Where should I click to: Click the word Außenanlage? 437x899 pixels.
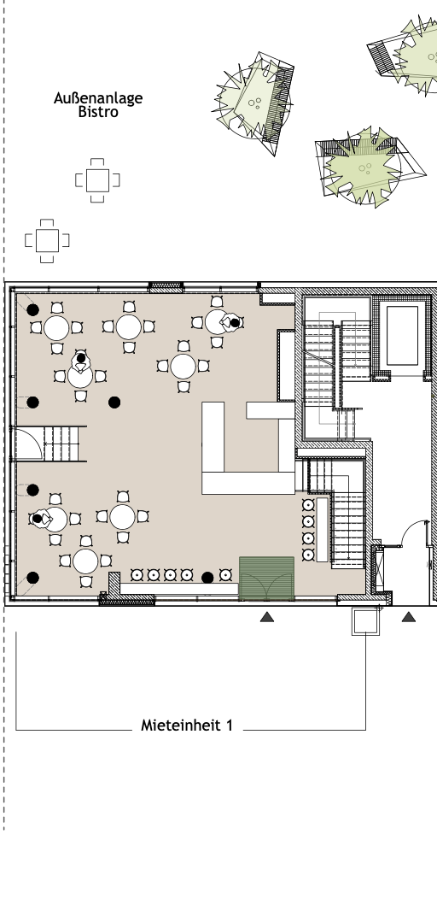coord(98,98)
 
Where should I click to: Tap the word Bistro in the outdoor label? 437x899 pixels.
coord(98,112)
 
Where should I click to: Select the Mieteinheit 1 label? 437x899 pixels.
coord(187,726)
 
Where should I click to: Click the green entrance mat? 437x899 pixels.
coord(266,578)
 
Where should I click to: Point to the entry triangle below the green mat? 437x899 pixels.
coord(267,617)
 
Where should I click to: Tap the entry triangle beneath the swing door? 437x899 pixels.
coord(408,617)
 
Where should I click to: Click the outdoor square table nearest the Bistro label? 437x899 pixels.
coord(97,180)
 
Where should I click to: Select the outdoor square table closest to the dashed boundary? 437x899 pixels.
coord(47,241)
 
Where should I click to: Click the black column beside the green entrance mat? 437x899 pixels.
coord(207,578)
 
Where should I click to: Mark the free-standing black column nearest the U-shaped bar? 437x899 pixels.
coord(114,402)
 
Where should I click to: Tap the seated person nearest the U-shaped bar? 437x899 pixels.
coord(232,323)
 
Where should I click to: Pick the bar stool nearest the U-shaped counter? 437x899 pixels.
coord(308,505)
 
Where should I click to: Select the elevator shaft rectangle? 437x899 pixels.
coord(402,335)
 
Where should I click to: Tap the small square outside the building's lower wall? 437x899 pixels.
coord(365,622)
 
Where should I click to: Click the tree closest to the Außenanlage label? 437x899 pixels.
coord(254,103)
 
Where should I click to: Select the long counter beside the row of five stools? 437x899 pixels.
coord(178,589)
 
